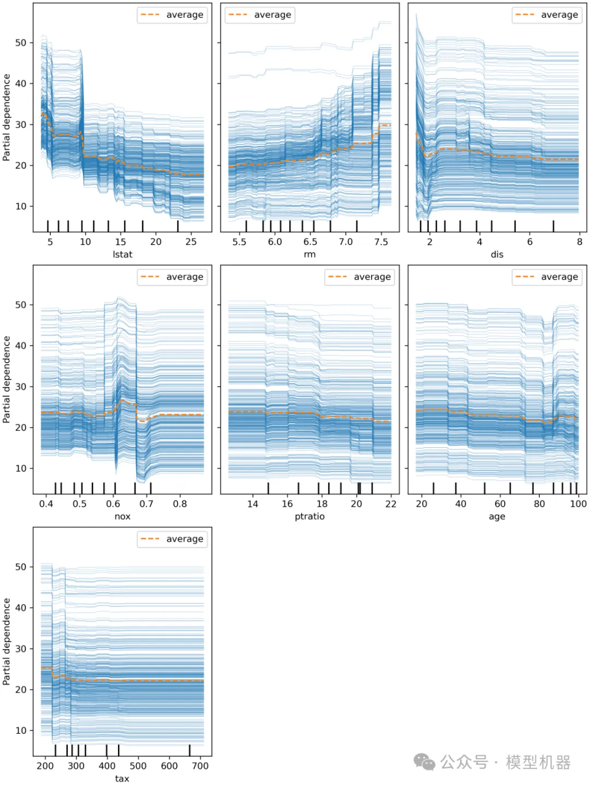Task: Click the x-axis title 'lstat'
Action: click(122, 255)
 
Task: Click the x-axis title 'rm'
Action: click(310, 255)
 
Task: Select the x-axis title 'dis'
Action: click(497, 255)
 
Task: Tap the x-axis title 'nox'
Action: click(122, 517)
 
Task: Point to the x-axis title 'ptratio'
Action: click(310, 517)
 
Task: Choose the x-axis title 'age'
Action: click(497, 517)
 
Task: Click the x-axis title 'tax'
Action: click(122, 778)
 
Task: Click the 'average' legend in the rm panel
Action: click(260, 15)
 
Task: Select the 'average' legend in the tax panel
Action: click(172, 539)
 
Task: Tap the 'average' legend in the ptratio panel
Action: click(359, 277)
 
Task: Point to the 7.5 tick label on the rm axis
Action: click(381, 242)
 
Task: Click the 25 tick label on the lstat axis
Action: click(191, 242)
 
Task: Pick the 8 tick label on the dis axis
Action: click(580, 242)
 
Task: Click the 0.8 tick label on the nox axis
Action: click(180, 504)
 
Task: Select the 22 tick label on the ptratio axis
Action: click(391, 504)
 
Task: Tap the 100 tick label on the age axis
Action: click(578, 504)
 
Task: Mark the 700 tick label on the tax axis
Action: click(200, 766)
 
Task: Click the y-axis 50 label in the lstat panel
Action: click(21, 43)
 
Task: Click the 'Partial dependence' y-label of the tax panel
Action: click(7, 642)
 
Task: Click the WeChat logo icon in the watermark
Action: click(424, 762)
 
